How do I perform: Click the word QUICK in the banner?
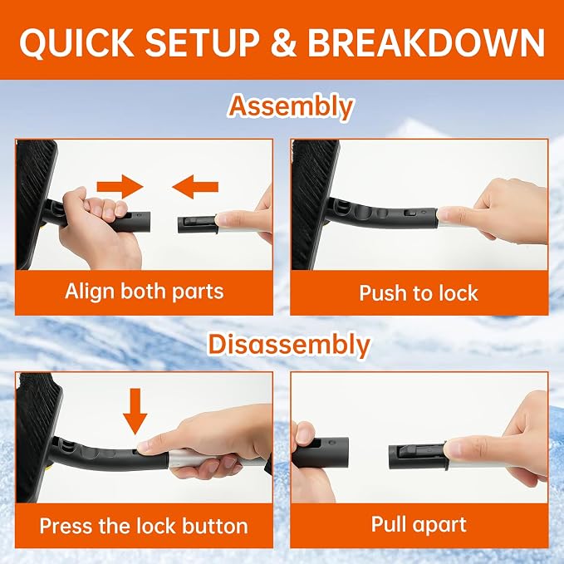tap(76, 42)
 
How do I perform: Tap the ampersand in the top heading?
tap(284, 42)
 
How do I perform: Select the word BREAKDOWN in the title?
tap(426, 42)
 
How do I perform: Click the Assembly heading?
tap(291, 107)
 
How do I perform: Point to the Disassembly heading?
tap(289, 345)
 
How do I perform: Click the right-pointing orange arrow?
tap(120, 187)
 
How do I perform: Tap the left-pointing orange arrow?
tap(195, 187)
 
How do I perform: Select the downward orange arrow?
tap(135, 411)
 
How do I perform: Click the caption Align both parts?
tap(145, 292)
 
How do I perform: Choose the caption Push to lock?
tap(419, 292)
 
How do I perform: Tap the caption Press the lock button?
tap(144, 526)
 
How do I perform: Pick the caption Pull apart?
tap(419, 524)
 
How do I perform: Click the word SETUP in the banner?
tap(202, 42)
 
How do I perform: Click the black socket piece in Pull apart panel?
tap(321, 452)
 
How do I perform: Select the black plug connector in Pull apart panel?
tap(417, 456)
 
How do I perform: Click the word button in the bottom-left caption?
tap(215, 526)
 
